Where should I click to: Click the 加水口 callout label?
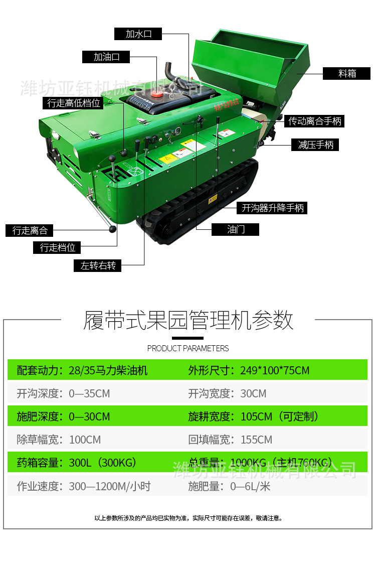138,34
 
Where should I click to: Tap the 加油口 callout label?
106,57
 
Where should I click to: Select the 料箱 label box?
347,73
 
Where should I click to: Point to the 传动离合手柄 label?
315,121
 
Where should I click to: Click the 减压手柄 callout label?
315,145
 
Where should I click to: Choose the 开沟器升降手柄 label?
272,207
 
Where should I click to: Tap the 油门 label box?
236,229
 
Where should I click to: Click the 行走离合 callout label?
30,230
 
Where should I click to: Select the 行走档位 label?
57,247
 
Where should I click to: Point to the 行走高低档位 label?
74,103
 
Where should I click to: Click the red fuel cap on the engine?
156,93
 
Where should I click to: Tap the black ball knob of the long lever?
113,229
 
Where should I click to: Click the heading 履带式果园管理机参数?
188,320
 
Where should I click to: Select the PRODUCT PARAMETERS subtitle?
188,348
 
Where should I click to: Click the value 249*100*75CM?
275,370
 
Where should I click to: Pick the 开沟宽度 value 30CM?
253,393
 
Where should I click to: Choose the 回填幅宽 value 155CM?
256,440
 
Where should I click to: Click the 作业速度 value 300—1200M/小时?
110,486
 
